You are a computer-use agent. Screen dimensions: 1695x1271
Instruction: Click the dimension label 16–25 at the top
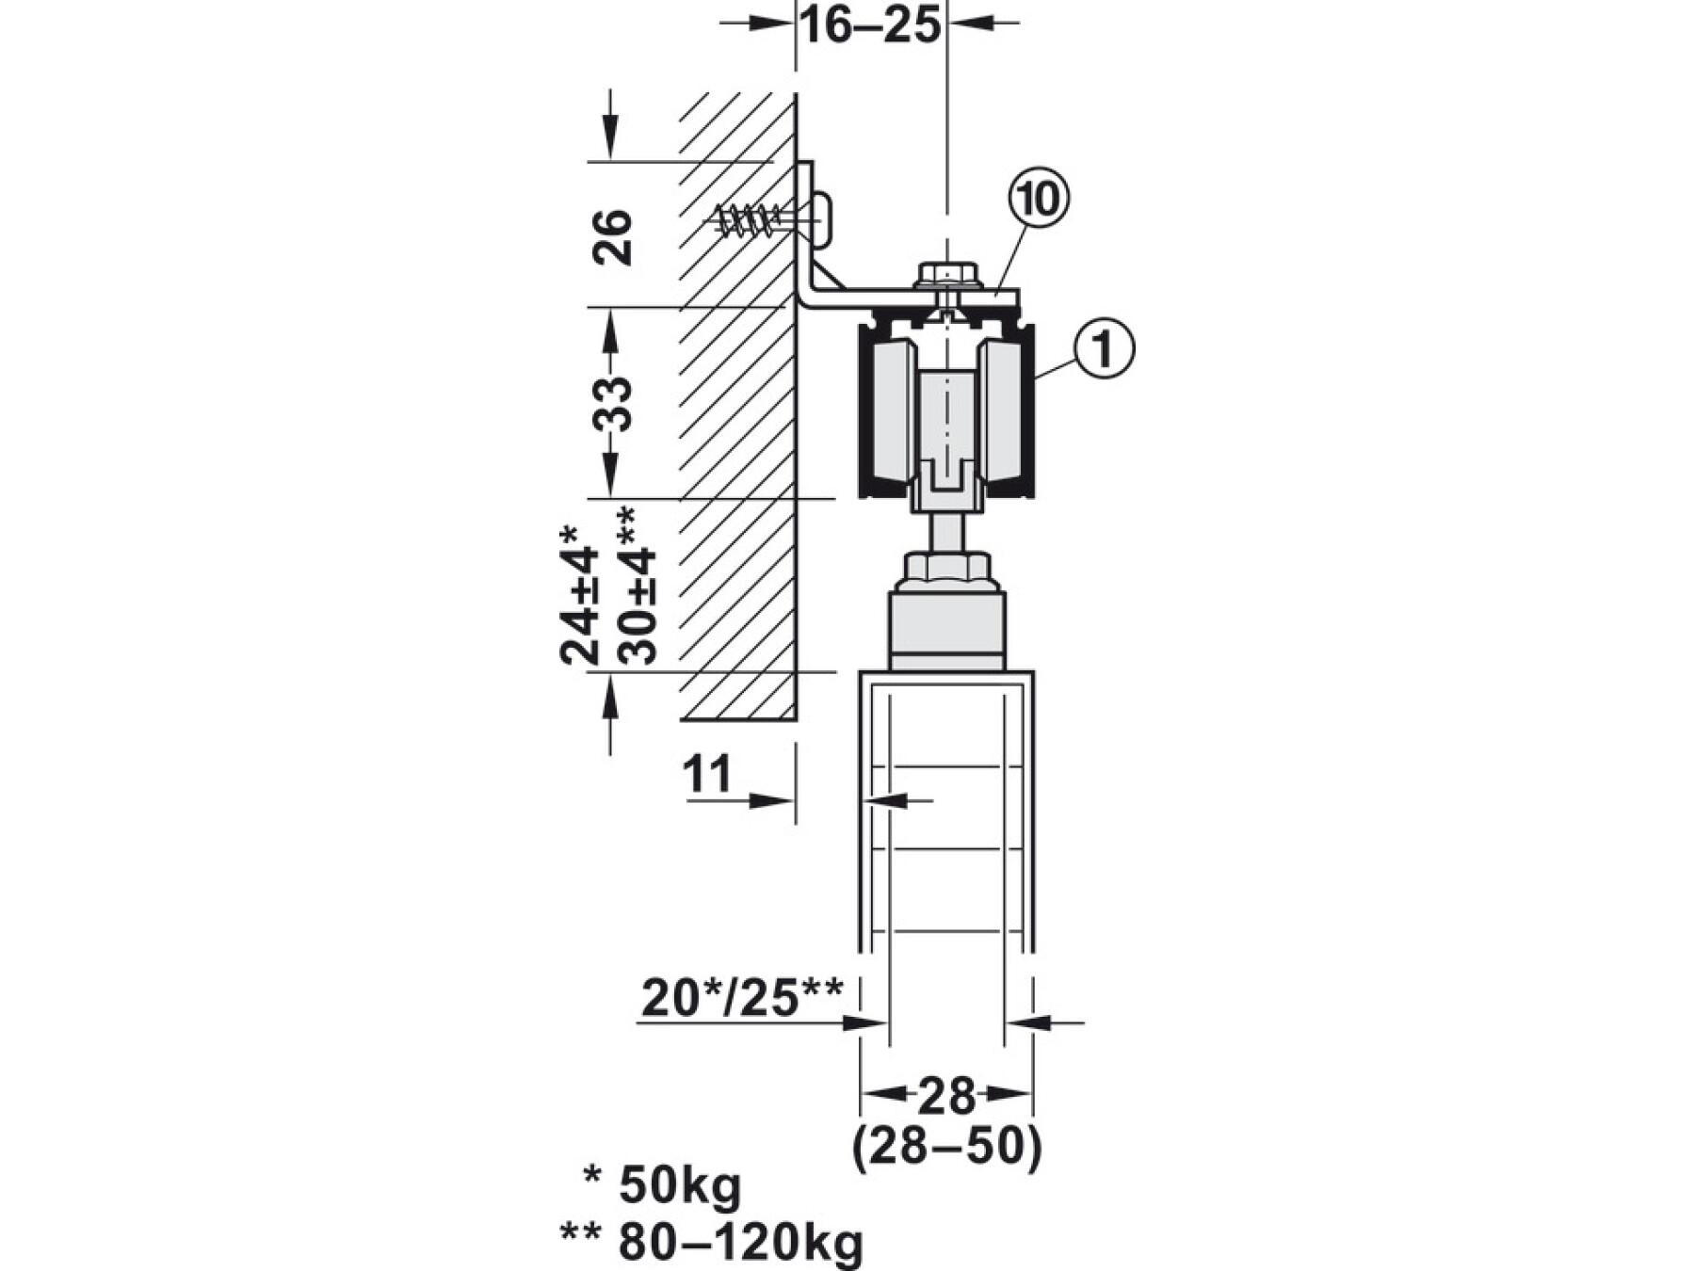tap(870, 25)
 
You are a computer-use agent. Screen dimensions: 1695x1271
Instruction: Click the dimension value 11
tap(707, 775)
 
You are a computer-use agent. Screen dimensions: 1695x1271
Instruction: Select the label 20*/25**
tap(743, 998)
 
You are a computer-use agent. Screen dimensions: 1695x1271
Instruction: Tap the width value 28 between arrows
tap(946, 1095)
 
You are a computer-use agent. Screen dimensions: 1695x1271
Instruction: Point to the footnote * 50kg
tap(663, 1187)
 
